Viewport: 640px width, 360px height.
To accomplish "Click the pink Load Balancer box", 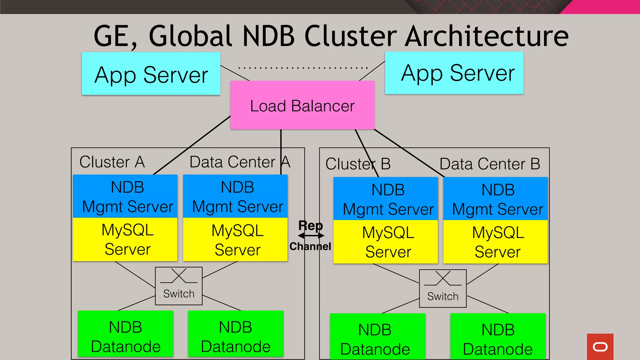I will click(x=302, y=105).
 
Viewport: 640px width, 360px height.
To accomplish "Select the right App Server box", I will click(x=454, y=73).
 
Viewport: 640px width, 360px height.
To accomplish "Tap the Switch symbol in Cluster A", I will click(x=179, y=286).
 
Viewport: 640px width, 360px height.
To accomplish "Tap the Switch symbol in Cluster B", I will click(x=442, y=288).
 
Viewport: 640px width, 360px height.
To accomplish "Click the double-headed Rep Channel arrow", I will click(x=311, y=236).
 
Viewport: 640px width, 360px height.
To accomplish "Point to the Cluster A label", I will click(x=112, y=162).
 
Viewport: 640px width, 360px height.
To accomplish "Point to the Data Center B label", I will click(x=489, y=164).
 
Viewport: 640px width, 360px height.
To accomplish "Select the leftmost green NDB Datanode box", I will click(x=125, y=334).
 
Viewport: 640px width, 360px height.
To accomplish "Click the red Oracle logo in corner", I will click(x=600, y=347).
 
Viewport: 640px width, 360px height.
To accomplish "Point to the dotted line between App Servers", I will click(x=302, y=67).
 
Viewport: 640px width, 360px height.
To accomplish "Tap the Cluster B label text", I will click(x=358, y=164).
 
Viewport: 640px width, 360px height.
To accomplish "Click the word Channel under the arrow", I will click(x=310, y=247).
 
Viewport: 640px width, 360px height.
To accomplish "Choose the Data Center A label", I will click(x=240, y=162).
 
